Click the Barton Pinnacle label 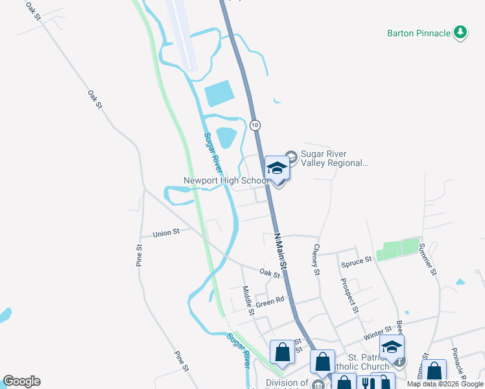[418, 33]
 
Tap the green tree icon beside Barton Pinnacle [460, 32]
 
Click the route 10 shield [255, 124]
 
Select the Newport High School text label [225, 180]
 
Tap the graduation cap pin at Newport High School [277, 169]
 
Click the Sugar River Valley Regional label [334, 159]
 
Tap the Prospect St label [349, 295]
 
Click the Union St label [165, 233]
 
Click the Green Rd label [270, 301]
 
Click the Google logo [21, 381]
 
